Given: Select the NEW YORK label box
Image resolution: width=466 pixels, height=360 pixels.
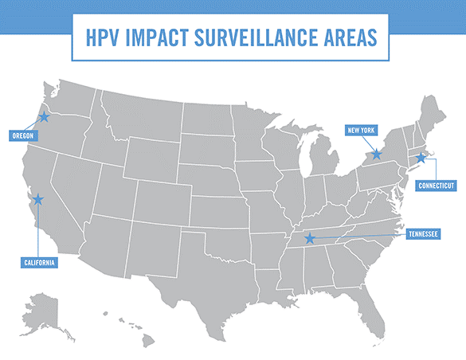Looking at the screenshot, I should coord(362,131).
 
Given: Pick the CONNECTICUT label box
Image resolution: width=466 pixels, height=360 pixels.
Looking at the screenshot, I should coord(437,185).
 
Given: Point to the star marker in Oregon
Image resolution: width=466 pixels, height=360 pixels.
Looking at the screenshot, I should coord(44,117).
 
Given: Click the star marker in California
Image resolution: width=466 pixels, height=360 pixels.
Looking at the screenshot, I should coord(37,200).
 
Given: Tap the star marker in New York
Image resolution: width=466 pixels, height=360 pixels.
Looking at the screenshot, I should coord(377,154).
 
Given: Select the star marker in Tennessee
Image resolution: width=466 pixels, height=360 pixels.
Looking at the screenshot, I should coord(310,238).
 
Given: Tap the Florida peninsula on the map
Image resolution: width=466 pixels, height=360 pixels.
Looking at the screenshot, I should coord(366,303).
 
